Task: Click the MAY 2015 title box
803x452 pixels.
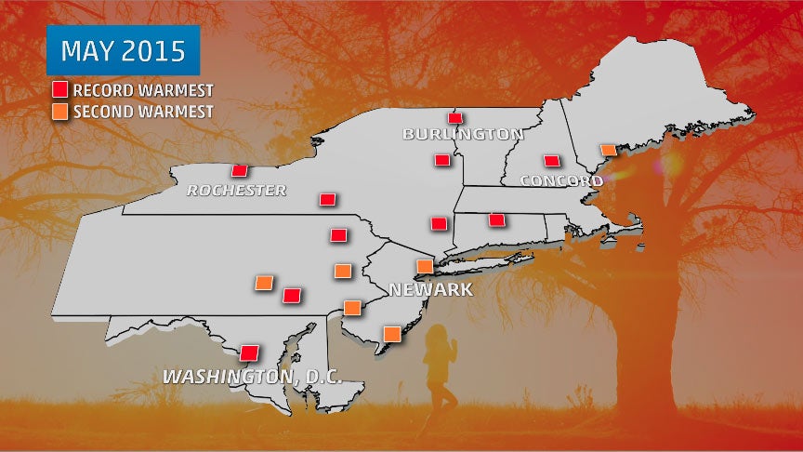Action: pyautogui.click(x=124, y=51)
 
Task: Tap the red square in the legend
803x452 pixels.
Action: pyautogui.click(x=59, y=90)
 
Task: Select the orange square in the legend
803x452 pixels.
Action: pyautogui.click(x=59, y=112)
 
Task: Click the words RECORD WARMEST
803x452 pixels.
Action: pyautogui.click(x=143, y=90)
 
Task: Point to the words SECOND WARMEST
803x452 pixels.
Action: pyautogui.click(x=143, y=112)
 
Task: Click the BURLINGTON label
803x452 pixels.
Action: pyautogui.click(x=463, y=134)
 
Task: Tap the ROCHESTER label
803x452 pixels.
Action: pyautogui.click(x=236, y=191)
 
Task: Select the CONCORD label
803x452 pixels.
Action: pyautogui.click(x=555, y=179)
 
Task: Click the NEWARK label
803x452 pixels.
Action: pyautogui.click(x=430, y=290)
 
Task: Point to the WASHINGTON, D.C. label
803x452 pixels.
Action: pyautogui.click(x=253, y=377)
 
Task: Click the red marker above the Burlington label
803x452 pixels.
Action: pyautogui.click(x=454, y=118)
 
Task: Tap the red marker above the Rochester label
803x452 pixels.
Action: pyautogui.click(x=239, y=170)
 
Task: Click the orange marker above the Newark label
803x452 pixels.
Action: pyautogui.click(x=423, y=266)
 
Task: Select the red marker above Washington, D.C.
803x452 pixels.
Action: pyautogui.click(x=248, y=353)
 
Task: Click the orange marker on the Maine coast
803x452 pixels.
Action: pyautogui.click(x=607, y=150)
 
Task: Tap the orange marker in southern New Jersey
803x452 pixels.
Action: pyautogui.click(x=392, y=333)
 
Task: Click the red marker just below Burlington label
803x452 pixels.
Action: pyautogui.click(x=442, y=160)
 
